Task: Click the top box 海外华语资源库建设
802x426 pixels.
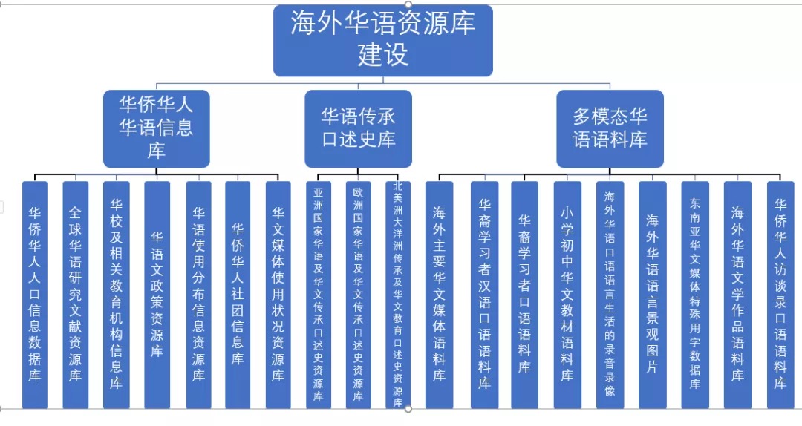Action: [382, 41]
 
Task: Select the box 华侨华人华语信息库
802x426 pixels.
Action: [156, 128]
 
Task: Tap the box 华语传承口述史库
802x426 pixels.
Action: [358, 128]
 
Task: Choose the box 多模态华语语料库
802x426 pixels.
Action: [610, 128]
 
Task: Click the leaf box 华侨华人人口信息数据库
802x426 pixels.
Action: [35, 294]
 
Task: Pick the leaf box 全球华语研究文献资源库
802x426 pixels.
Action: [75, 294]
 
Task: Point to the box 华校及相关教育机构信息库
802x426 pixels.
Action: [116, 294]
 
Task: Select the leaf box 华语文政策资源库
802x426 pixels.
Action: [157, 294]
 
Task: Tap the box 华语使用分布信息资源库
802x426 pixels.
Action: [198, 294]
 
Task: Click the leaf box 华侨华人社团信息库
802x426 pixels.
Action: [238, 294]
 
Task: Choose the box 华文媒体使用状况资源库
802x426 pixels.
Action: [278, 294]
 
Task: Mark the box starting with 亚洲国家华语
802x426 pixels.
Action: [318, 294]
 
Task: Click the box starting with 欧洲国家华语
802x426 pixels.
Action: [358, 294]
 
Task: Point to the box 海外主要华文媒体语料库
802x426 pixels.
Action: [439, 294]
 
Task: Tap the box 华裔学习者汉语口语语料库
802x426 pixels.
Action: [484, 294]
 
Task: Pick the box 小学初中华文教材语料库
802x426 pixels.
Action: [567, 294]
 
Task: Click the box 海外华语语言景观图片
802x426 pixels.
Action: [652, 294]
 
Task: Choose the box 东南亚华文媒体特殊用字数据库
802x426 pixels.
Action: [694, 294]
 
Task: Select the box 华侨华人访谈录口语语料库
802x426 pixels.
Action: [780, 294]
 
